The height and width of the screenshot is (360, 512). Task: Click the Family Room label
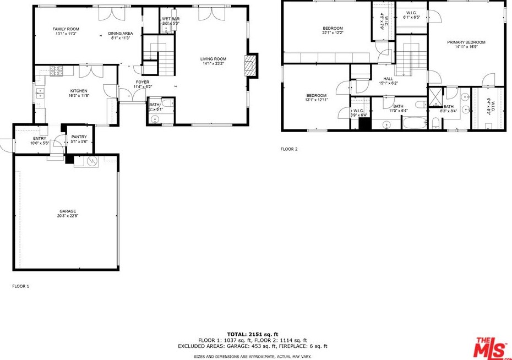(66, 29)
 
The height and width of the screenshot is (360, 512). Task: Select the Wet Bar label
(171, 19)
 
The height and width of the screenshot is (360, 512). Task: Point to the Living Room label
(213, 59)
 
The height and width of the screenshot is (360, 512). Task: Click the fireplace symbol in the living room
(251, 64)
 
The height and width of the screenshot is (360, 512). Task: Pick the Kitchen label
(78, 91)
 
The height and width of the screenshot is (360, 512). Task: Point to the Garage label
(68, 211)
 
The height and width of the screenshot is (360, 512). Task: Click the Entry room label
(40, 138)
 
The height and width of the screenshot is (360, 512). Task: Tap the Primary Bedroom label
(466, 42)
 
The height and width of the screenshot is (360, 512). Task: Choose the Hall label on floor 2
(388, 79)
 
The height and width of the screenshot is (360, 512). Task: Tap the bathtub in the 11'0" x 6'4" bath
(413, 122)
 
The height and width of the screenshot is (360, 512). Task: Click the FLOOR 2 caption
(289, 149)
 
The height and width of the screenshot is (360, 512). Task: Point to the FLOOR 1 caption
(20, 286)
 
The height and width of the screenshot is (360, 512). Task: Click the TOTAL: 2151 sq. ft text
(252, 334)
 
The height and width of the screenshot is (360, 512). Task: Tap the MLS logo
(491, 346)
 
